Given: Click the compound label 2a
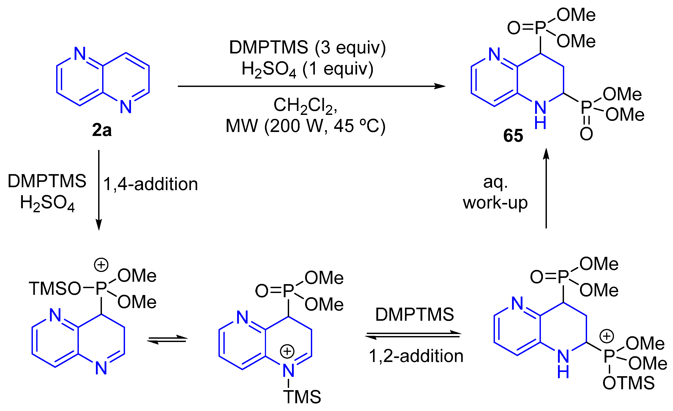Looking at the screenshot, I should pyautogui.click(x=102, y=130).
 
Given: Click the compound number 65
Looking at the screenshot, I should pyautogui.click(x=513, y=136).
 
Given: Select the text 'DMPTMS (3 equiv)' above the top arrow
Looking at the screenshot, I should pyautogui.click(x=307, y=47).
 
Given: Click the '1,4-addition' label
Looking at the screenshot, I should pyautogui.click(x=151, y=184).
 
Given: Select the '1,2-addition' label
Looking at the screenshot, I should pyautogui.click(x=416, y=356).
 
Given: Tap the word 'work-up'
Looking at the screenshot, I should pyautogui.click(x=495, y=203).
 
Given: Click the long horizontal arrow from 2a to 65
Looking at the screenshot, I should pyautogui.click(x=311, y=86).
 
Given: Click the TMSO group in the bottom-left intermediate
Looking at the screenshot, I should pyautogui.click(x=55, y=289).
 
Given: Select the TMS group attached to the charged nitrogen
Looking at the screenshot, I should pyautogui.click(x=302, y=397).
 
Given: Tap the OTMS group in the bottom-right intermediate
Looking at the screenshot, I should pyautogui.click(x=628, y=383).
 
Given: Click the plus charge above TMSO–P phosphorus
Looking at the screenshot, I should pyautogui.click(x=101, y=265).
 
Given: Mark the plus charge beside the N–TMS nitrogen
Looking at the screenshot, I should pyautogui.click(x=287, y=351).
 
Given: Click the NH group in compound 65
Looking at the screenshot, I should pyautogui.click(x=540, y=115).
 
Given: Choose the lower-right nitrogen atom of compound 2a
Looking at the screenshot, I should pyautogui.click(x=126, y=106).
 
